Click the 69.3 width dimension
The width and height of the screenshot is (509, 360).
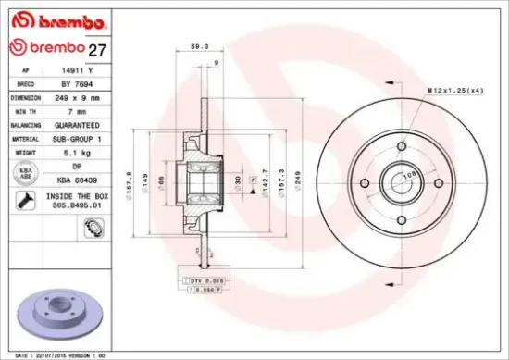pos(197,45)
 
